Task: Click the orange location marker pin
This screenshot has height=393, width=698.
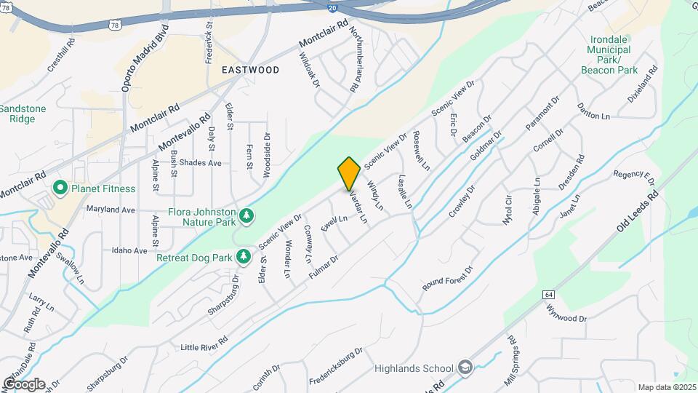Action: point(349,173)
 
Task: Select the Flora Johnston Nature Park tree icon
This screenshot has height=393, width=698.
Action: point(247,214)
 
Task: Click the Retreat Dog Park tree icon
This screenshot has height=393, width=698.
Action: point(244,256)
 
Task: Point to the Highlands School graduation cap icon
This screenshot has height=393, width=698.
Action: point(465,368)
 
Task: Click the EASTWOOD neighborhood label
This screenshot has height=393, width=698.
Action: point(251,70)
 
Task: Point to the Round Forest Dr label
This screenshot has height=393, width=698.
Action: point(448,279)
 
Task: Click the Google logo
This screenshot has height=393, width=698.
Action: point(24,384)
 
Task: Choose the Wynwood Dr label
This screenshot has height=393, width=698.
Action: point(566,314)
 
